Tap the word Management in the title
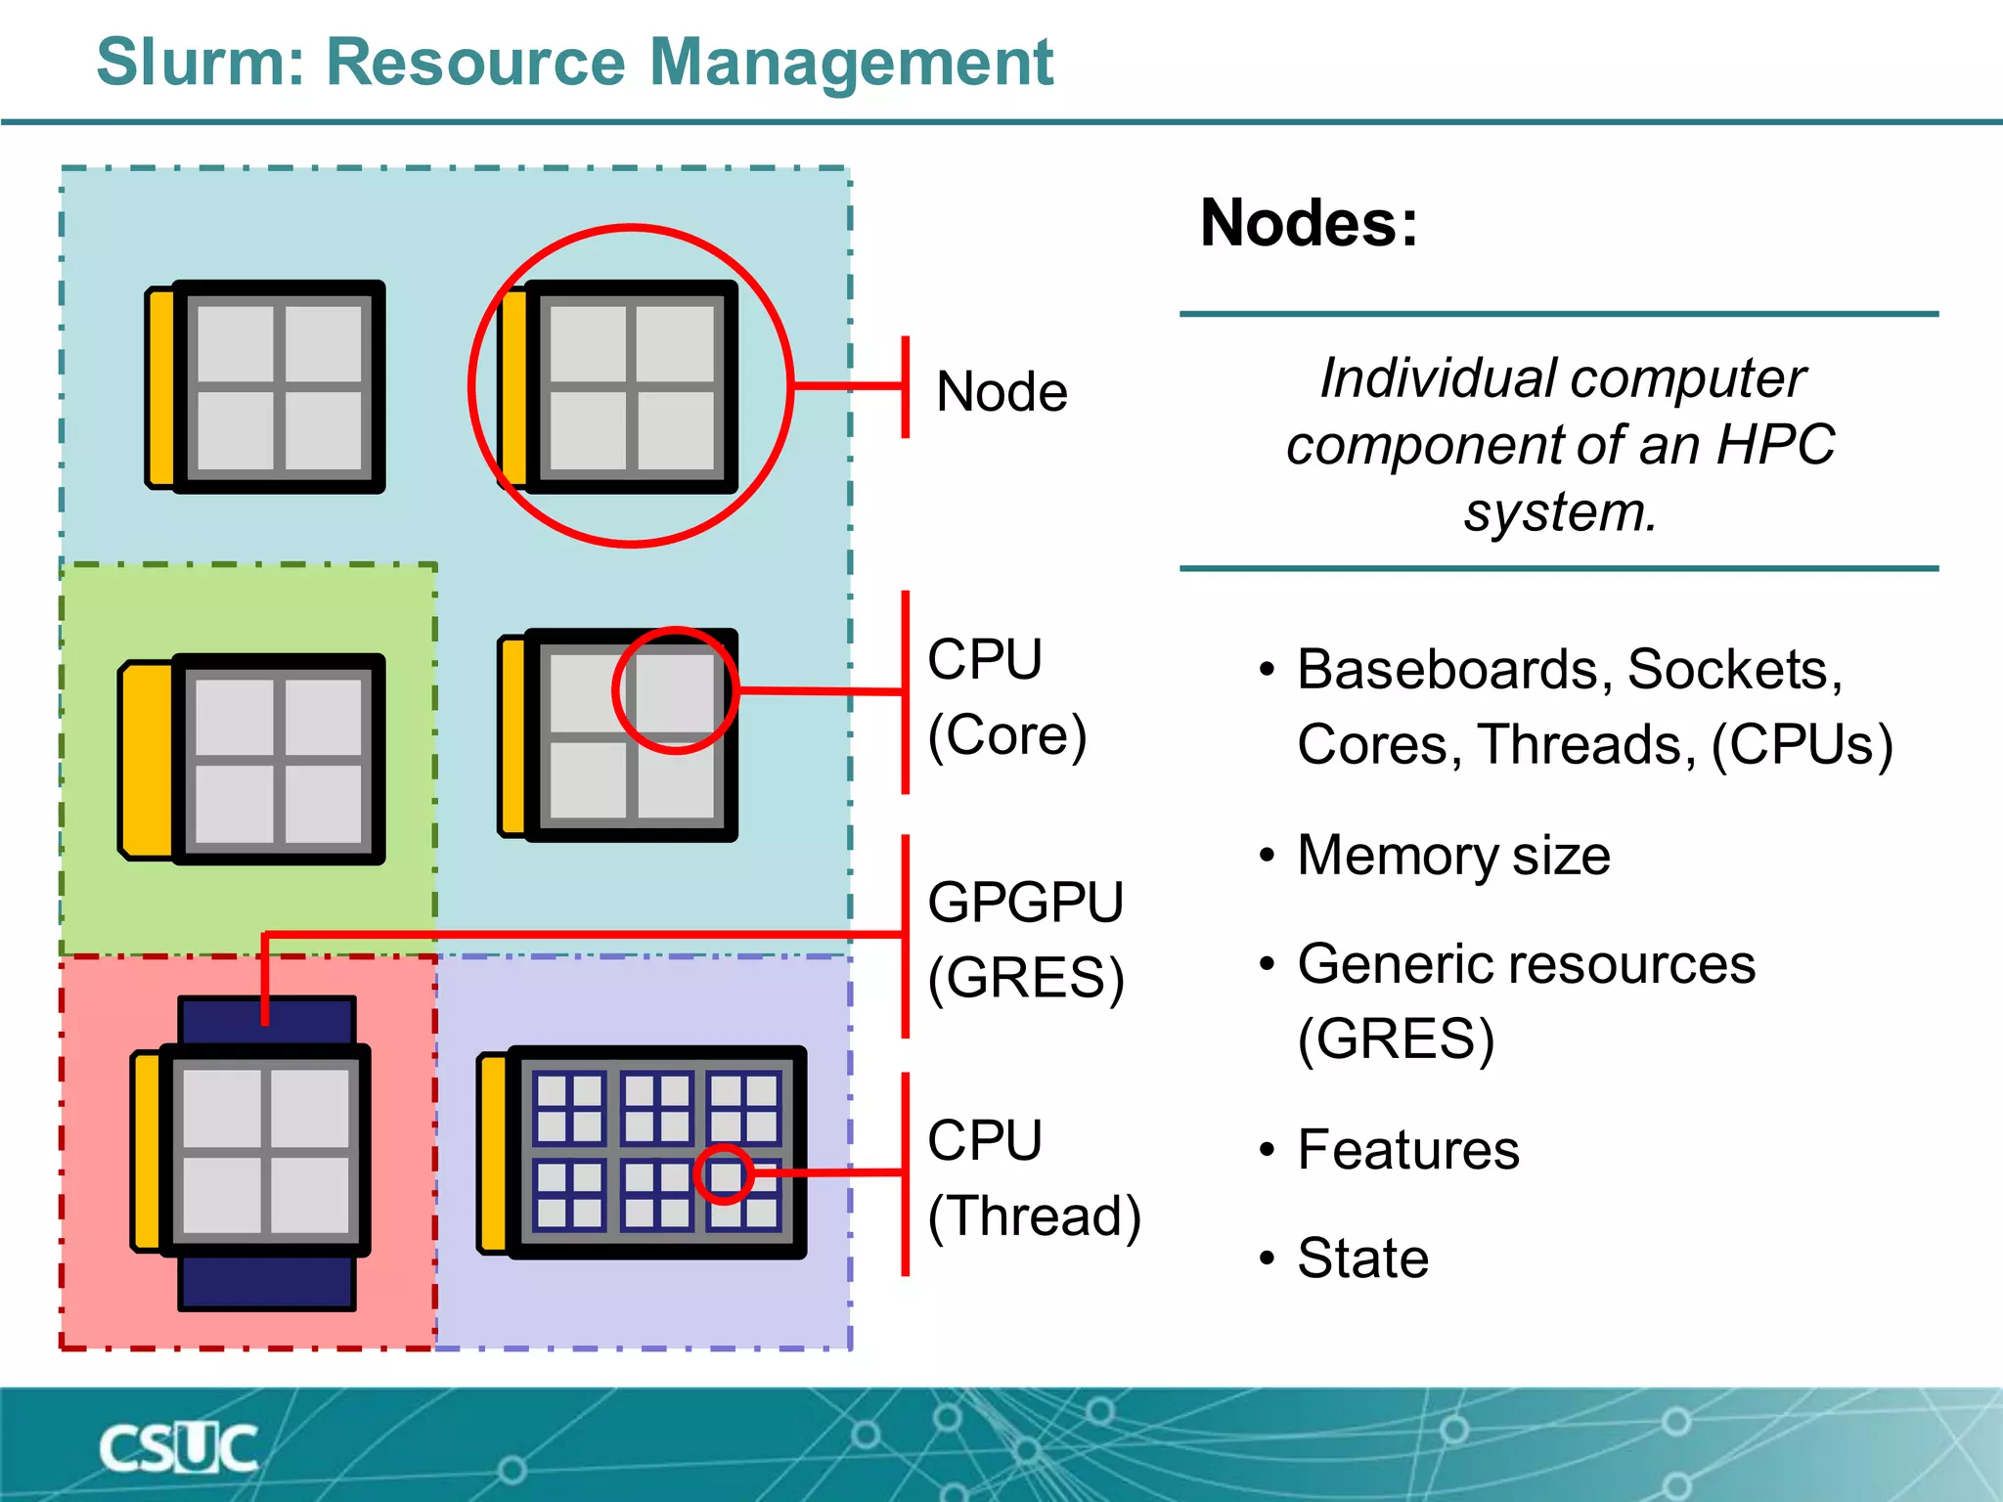(x=851, y=63)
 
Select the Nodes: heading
(x=1309, y=223)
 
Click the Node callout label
(x=1001, y=392)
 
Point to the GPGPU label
(x=1025, y=902)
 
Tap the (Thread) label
(x=1034, y=1216)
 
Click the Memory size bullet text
(x=1453, y=856)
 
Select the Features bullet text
(x=1408, y=1149)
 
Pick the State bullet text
(x=1362, y=1258)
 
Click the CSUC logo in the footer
(x=179, y=1448)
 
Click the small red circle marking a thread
(x=724, y=1173)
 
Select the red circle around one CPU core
(x=675, y=690)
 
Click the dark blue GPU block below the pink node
(x=266, y=1283)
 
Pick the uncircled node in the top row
(x=266, y=386)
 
